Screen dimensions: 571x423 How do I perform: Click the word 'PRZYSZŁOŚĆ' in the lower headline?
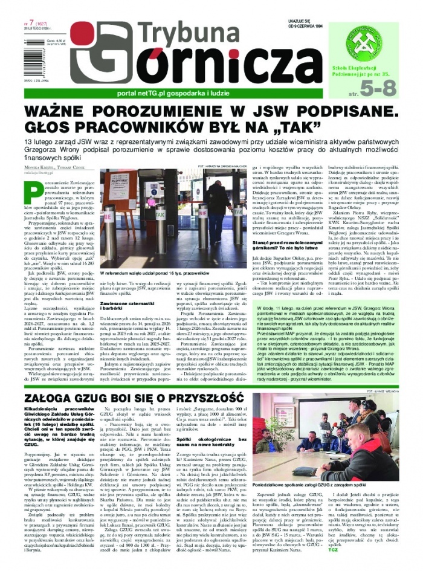click(190, 382)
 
